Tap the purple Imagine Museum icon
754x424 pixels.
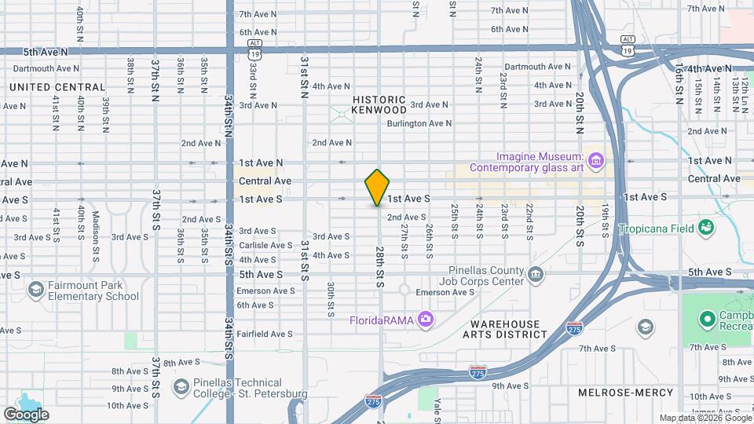[596, 161]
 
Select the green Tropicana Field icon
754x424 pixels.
[707, 228]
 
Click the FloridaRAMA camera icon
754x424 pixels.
[426, 319]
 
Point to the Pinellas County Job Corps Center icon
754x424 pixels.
[536, 274]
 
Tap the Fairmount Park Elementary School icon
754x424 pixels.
[35, 290]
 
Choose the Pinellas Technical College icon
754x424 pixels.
[180, 386]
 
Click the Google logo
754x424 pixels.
[26, 414]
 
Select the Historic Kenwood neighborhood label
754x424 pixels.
[379, 104]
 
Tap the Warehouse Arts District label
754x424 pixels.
[505, 329]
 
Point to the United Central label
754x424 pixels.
[57, 87]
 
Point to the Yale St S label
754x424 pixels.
[437, 409]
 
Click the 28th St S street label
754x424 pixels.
[379, 266]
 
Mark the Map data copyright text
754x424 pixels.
[705, 418]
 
